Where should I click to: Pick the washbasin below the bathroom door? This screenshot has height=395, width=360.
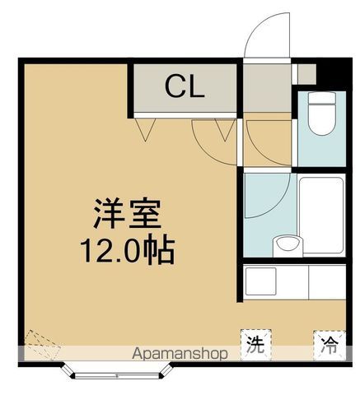287,244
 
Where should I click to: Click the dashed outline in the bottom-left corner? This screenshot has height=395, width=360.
38,345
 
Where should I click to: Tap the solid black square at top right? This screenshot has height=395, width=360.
334,72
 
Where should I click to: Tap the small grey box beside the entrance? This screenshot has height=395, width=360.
306,75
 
